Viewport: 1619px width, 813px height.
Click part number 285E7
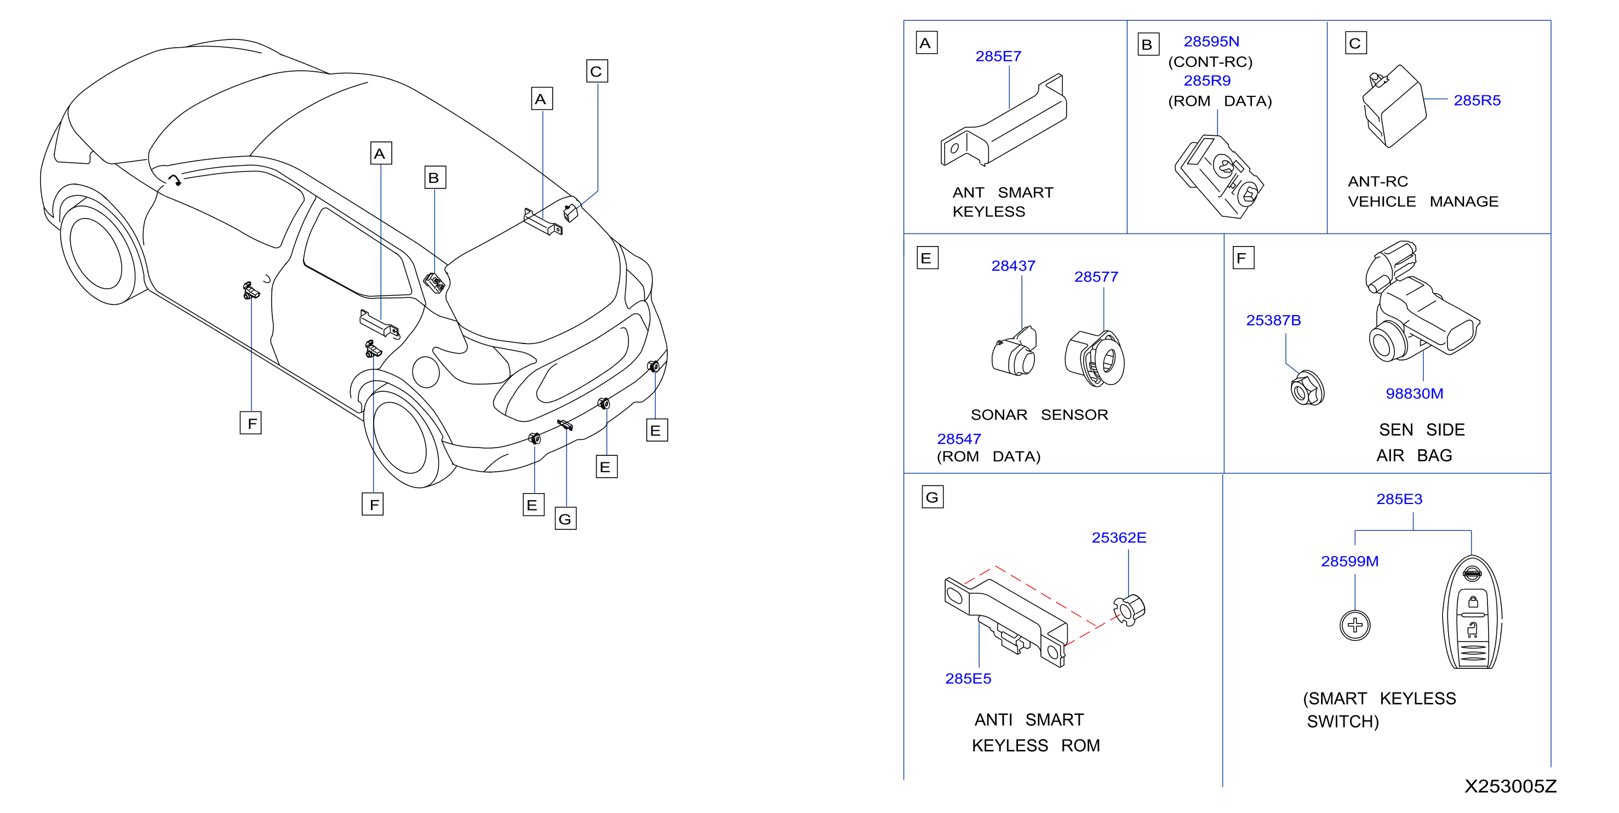pyautogui.click(x=998, y=56)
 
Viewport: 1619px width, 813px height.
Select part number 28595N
pyautogui.click(x=1211, y=42)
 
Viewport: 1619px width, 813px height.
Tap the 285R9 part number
pyautogui.click(x=1206, y=81)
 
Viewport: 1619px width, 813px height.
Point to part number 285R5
pyautogui.click(x=1477, y=100)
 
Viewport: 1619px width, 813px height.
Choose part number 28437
pyautogui.click(x=1013, y=266)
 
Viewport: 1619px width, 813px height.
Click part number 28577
pyautogui.click(x=1096, y=277)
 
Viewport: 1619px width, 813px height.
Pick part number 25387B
pyautogui.click(x=1273, y=320)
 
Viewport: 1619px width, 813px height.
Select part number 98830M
pyautogui.click(x=1414, y=394)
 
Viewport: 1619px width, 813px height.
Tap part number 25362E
pyautogui.click(x=1119, y=538)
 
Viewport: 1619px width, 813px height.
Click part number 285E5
pyautogui.click(x=968, y=679)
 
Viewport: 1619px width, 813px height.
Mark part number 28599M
pyautogui.click(x=1349, y=562)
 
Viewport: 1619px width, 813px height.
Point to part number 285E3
pyautogui.click(x=1399, y=500)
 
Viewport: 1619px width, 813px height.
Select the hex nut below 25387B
pyautogui.click(x=1307, y=388)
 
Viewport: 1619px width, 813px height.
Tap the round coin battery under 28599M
pyautogui.click(x=1355, y=625)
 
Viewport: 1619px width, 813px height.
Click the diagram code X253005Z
pyautogui.click(x=1511, y=787)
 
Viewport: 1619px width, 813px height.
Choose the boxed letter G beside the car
pyautogui.click(x=565, y=519)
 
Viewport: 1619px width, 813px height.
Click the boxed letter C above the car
pyautogui.click(x=597, y=71)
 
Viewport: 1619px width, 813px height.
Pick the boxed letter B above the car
pyautogui.click(x=435, y=178)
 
